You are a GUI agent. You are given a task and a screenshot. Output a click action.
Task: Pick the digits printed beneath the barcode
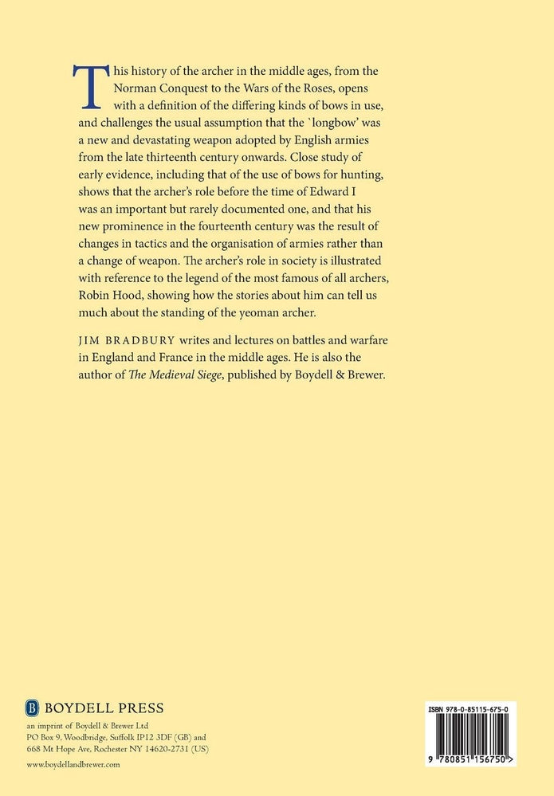point(465,759)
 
